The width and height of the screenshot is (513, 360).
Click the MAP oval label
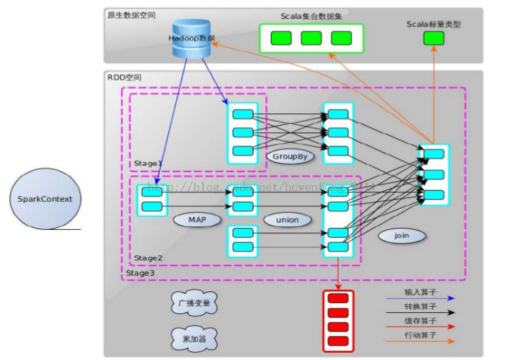[x=197, y=219]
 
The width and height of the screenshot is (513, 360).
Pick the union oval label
[x=287, y=220]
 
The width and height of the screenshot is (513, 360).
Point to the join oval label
[x=401, y=235]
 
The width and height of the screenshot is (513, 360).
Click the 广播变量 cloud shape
[x=195, y=304]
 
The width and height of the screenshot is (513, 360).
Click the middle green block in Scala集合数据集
[x=311, y=38]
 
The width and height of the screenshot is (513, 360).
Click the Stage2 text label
[x=148, y=258]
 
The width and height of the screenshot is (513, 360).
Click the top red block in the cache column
[x=337, y=299]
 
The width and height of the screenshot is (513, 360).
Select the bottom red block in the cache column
[x=337, y=341]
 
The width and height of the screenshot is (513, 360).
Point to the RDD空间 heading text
[x=124, y=78]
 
